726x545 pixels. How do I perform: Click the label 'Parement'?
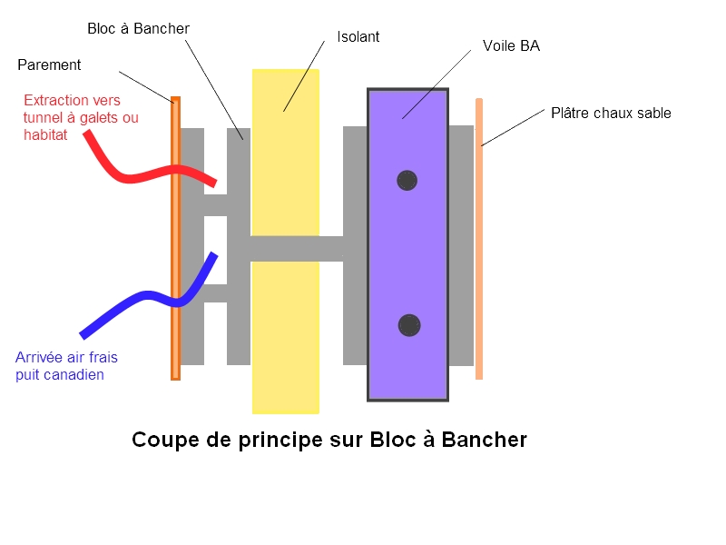tap(49, 65)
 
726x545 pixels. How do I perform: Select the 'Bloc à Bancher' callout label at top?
tap(138, 29)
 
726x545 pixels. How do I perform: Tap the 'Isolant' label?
tap(358, 37)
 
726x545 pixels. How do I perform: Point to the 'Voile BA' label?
tap(511, 45)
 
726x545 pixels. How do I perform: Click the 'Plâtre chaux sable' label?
tap(611, 114)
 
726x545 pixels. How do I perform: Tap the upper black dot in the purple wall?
tap(407, 181)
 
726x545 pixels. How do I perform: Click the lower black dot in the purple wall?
tap(409, 324)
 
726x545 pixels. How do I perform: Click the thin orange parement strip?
tap(175, 272)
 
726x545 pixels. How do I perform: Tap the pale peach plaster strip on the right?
tap(479, 272)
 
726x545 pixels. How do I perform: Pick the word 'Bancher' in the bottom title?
tap(485, 441)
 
